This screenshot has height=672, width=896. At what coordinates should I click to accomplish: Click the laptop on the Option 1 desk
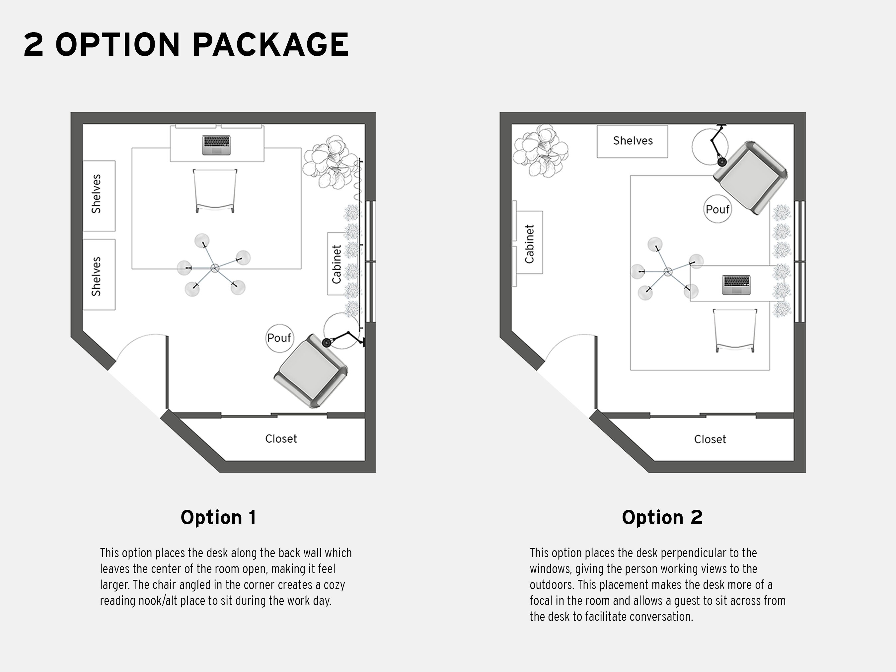coord(216,145)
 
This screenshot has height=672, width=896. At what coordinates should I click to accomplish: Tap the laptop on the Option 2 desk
coord(736,284)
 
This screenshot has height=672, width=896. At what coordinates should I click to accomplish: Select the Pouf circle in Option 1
coord(279,338)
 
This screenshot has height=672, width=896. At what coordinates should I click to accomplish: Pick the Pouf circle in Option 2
coord(717,209)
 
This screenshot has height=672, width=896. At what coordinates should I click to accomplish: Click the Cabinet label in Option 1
coord(336,264)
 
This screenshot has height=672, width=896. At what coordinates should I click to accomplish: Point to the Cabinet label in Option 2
coord(529,244)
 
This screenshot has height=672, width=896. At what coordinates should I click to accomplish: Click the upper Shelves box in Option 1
coord(99,196)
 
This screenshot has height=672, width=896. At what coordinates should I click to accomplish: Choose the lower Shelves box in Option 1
coord(99,275)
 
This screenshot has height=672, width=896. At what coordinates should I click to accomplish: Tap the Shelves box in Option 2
coord(632,141)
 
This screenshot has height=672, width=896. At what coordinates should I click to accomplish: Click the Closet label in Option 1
coord(281,439)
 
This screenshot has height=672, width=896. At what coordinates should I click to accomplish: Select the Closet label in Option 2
coord(710,439)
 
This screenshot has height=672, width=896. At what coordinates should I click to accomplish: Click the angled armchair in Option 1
coord(311,371)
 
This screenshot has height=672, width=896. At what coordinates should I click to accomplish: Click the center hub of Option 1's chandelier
coord(215,268)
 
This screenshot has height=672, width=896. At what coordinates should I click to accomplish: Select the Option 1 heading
coord(218,517)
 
